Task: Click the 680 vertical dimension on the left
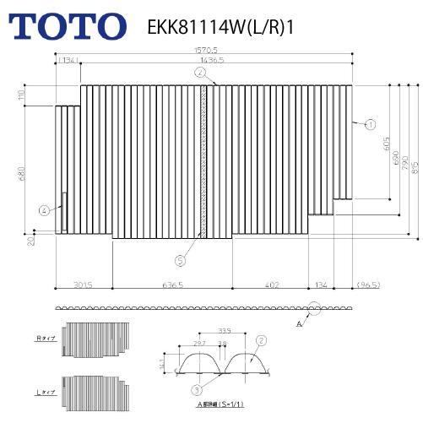click(x=30, y=173)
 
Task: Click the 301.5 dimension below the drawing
click(x=83, y=285)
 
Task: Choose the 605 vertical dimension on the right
click(x=384, y=147)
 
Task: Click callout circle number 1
click(x=370, y=123)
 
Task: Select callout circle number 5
click(x=179, y=260)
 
